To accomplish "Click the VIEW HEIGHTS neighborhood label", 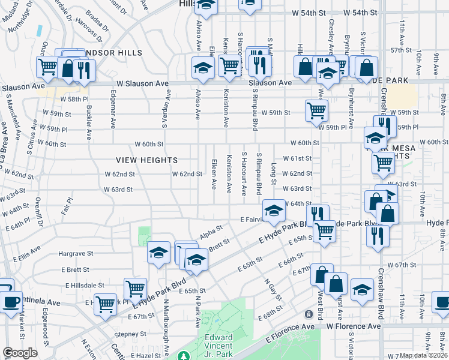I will point(147,160).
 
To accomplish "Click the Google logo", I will point(20,353).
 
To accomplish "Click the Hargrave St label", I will point(76,254).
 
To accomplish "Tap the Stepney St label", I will point(131,334).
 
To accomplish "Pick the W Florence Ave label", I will point(354,326).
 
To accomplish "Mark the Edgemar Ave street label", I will point(113,113).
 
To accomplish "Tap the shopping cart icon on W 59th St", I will point(316,110).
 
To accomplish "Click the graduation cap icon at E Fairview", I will point(274,210).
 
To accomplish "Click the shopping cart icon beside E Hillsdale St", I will point(134,289).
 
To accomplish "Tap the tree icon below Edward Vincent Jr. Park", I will point(184,357).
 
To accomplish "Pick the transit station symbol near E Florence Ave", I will point(309,314).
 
